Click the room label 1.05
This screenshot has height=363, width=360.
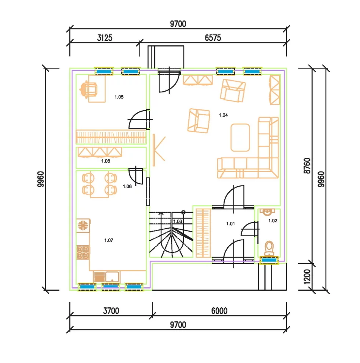click(x=119, y=97)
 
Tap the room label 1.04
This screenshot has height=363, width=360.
click(x=223, y=115)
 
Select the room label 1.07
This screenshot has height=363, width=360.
click(x=109, y=240)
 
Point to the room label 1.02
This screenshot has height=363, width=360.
click(x=273, y=221)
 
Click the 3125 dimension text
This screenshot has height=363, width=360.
click(x=105, y=38)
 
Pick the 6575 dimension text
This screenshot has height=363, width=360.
click(x=213, y=38)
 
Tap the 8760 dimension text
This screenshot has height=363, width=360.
click(x=307, y=166)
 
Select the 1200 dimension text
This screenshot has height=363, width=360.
click(x=307, y=277)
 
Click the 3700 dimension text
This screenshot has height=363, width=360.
click(x=111, y=311)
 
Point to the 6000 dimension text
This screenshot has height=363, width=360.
click(x=219, y=311)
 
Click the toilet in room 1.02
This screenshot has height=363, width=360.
click(x=269, y=248)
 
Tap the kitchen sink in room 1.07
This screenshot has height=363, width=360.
click(x=107, y=277)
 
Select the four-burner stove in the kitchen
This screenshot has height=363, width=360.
click(x=83, y=252)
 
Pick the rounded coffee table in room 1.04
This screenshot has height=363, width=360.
click(x=240, y=137)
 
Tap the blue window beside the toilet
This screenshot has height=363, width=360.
click(x=269, y=260)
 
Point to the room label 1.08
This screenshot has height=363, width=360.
click(x=106, y=161)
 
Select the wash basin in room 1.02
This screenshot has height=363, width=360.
click(x=267, y=212)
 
